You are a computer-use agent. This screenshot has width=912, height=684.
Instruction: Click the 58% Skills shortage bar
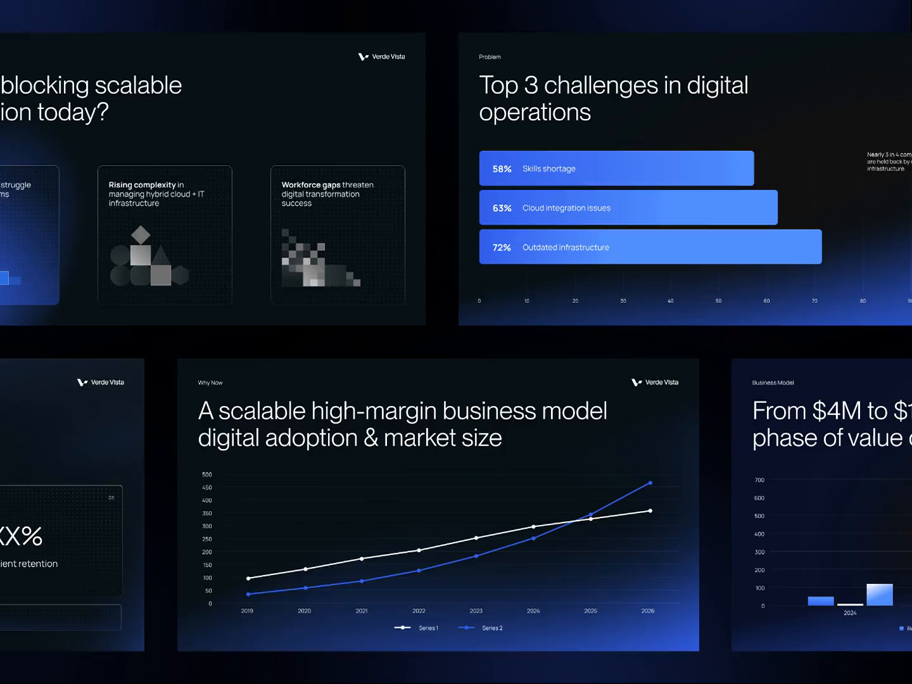pyautogui.click(x=616, y=168)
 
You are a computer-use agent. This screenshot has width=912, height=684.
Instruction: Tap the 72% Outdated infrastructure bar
pyautogui.click(x=650, y=247)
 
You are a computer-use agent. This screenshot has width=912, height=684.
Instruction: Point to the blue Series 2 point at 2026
pyautogui.click(x=650, y=483)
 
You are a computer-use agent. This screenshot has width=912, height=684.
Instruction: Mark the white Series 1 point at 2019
pyautogui.click(x=248, y=578)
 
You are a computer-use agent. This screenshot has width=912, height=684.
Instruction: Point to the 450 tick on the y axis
pyautogui.click(x=207, y=488)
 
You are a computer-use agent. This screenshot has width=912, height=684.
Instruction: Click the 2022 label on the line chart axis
pyautogui.click(x=419, y=611)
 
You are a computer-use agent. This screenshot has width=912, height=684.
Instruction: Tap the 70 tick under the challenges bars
pyautogui.click(x=814, y=301)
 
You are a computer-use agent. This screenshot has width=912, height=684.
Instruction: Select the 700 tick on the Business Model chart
pyautogui.click(x=759, y=480)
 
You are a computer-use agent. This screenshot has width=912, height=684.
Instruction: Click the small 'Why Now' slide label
pyautogui.click(x=210, y=383)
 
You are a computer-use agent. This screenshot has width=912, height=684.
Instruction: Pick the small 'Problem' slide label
pyautogui.click(x=490, y=57)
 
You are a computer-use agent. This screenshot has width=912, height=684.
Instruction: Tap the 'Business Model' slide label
pyautogui.click(x=773, y=383)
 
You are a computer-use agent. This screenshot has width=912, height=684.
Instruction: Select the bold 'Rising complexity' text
pyautogui.click(x=142, y=185)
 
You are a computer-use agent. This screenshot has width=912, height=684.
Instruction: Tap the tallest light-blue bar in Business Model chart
pyautogui.click(x=879, y=595)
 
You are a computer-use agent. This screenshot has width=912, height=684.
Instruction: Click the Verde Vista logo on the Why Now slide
pyautogui.click(x=655, y=383)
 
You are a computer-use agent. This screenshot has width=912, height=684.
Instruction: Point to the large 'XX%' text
pyautogui.click(x=20, y=536)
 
